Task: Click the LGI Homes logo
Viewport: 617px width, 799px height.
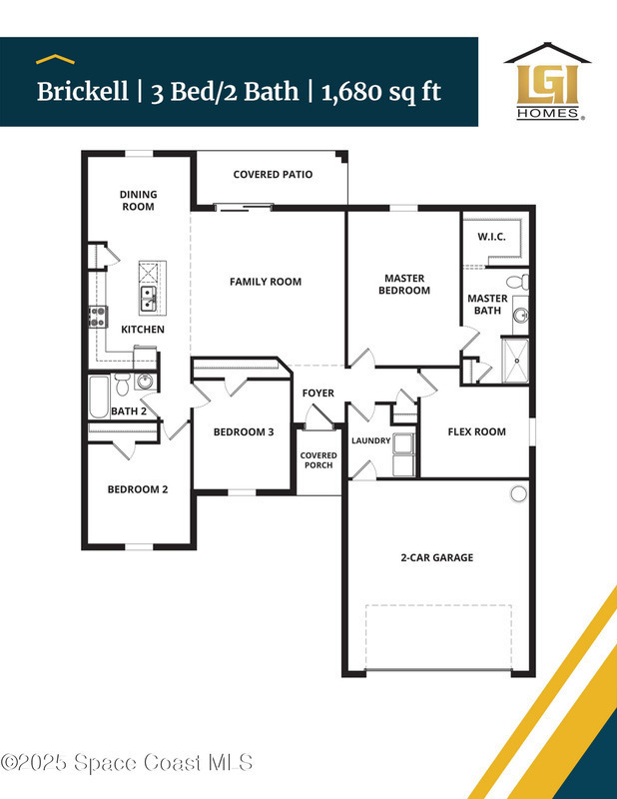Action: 548,82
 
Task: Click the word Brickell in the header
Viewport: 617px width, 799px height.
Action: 83,92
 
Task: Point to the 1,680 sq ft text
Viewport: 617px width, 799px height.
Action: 381,92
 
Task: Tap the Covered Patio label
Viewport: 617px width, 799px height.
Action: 273,174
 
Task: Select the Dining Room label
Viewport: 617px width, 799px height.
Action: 138,201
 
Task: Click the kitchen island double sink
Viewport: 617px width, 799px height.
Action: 148,299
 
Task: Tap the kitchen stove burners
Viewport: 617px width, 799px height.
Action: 98,317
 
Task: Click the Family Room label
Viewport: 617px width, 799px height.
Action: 266,282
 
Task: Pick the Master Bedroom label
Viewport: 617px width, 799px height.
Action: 404,285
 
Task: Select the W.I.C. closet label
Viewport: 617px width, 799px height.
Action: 491,237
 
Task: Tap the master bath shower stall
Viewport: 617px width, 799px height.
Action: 515,361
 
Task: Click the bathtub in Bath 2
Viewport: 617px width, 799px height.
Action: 100,397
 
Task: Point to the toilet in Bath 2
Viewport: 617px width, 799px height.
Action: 122,385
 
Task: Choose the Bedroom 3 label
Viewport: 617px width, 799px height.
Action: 244,432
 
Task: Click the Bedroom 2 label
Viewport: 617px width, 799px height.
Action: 138,489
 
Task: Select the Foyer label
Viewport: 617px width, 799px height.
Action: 317,393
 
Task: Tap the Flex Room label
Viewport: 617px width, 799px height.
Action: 477,432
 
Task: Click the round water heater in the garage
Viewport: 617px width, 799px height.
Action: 519,493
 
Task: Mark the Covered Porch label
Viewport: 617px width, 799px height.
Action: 318,460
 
